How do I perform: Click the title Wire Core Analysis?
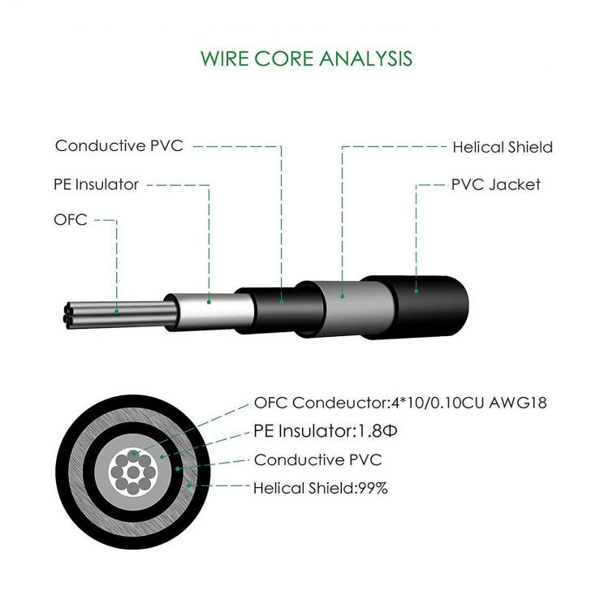[306, 58]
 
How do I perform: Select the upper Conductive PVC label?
[119, 146]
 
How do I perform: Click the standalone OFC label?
[71, 219]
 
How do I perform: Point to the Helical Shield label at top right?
[502, 147]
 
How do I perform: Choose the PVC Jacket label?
[495, 184]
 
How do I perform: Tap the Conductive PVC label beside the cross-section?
[317, 460]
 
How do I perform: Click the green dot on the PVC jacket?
[416, 290]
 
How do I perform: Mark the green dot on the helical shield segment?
[342, 296]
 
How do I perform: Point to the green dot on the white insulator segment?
[209, 302]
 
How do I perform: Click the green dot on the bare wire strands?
[117, 311]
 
